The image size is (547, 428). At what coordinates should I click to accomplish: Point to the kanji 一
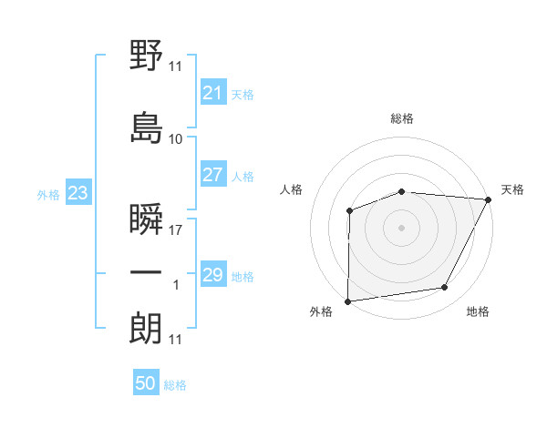click(x=147, y=273)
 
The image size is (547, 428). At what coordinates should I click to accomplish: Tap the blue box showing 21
click(x=212, y=93)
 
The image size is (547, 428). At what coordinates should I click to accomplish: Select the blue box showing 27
click(x=212, y=175)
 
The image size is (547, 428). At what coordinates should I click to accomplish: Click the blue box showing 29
click(x=212, y=275)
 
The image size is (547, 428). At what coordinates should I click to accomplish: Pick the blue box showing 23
click(x=77, y=193)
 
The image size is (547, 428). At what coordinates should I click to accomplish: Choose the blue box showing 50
click(x=146, y=383)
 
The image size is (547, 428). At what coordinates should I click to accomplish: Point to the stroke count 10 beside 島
click(x=176, y=139)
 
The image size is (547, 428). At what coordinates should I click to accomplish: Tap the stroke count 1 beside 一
click(x=177, y=286)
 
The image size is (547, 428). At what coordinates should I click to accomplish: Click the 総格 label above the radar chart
click(x=402, y=118)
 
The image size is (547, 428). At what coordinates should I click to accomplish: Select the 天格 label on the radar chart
click(x=512, y=189)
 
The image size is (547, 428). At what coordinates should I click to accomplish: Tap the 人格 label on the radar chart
click(x=292, y=189)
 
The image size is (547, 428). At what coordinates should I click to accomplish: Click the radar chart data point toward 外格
click(x=348, y=301)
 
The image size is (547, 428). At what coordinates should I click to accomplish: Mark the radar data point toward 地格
click(x=445, y=288)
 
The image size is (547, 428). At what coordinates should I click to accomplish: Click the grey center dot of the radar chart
click(x=402, y=228)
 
